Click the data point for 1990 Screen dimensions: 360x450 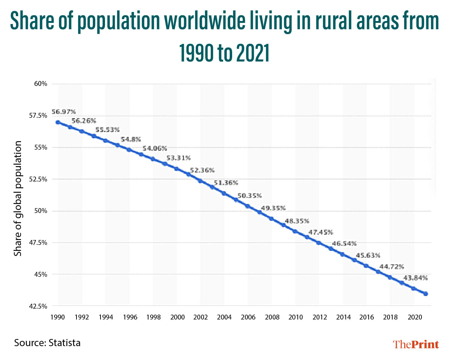58,122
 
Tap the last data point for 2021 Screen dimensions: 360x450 426,294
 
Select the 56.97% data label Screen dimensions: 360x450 63,112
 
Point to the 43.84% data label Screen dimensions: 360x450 415,278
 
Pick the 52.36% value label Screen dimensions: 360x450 202,170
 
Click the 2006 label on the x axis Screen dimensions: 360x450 248,317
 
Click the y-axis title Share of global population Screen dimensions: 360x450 18,199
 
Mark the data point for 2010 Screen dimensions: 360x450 295,231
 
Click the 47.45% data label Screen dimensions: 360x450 320,232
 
